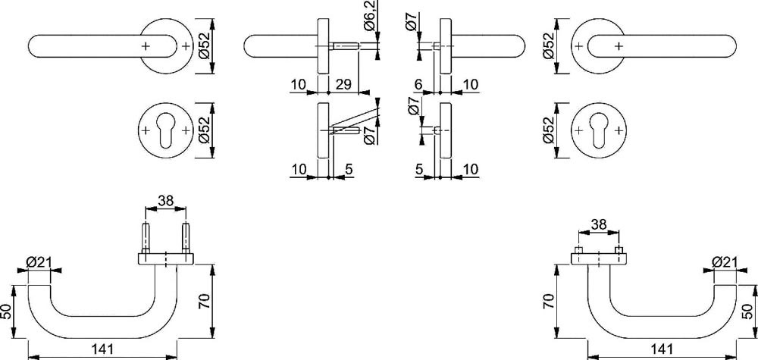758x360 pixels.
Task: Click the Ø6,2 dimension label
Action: pyautogui.click(x=371, y=16)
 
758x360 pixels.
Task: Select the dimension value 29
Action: pyautogui.click(x=343, y=85)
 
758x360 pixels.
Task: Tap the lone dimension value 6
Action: pyautogui.click(x=418, y=85)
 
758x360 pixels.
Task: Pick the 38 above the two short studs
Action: pyautogui.click(x=599, y=224)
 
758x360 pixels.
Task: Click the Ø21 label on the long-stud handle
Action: pyautogui.click(x=38, y=262)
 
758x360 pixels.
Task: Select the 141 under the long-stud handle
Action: pyautogui.click(x=102, y=349)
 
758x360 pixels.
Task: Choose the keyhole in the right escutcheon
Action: pyautogui.click(x=599, y=130)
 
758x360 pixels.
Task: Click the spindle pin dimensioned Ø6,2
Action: pyautogui.click(x=343, y=47)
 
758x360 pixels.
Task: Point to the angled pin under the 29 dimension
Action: pyautogui.click(x=343, y=130)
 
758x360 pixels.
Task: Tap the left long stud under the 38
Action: pyautogui.click(x=146, y=237)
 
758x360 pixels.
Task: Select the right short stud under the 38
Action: pyautogui.click(x=619, y=250)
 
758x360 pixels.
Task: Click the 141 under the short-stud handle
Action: pyautogui.click(x=662, y=349)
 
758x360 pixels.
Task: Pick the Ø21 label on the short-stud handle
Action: pyautogui.click(x=724, y=262)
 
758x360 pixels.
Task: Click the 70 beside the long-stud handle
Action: pyautogui.click(x=204, y=302)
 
